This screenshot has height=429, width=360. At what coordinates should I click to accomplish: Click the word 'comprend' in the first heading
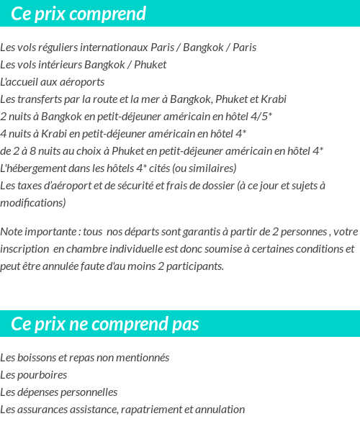pos(107,14)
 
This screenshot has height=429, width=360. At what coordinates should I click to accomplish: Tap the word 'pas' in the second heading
pos(185,324)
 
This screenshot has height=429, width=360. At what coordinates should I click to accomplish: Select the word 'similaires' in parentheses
pos(211,168)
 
